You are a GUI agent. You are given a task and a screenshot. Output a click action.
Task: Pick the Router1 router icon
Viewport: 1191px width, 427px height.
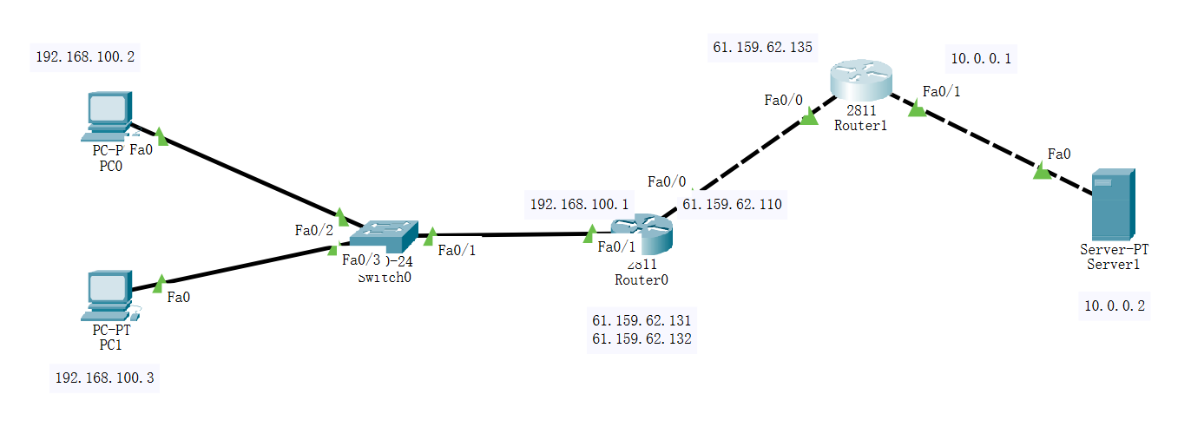[x=860, y=80]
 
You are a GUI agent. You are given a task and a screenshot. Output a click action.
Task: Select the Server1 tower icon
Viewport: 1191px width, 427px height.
[x=1113, y=205]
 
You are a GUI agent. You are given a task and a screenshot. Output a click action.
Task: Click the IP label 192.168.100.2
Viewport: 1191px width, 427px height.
[x=85, y=58]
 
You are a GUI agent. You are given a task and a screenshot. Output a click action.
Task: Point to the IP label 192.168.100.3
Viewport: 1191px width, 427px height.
[x=105, y=378]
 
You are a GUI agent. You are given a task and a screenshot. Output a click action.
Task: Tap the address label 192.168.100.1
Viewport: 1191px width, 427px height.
[x=579, y=205]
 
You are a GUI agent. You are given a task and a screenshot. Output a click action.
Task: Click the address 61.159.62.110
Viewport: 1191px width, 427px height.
[x=732, y=205]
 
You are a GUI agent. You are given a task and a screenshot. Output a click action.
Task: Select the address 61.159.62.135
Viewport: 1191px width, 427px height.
[x=762, y=48]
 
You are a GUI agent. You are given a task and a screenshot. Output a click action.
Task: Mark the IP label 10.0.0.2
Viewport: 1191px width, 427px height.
[x=1115, y=305]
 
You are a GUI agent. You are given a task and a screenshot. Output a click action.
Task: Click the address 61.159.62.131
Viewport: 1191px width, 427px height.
[x=642, y=320]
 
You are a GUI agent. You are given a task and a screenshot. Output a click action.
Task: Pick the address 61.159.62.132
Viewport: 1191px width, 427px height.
[x=642, y=338]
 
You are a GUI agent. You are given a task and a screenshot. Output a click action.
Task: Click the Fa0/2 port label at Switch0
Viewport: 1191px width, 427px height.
[x=313, y=230]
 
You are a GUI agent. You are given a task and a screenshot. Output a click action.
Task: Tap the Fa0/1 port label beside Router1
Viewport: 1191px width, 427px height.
[x=941, y=91]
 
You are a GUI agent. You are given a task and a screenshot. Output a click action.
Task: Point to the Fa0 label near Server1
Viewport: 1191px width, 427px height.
[x=1058, y=154]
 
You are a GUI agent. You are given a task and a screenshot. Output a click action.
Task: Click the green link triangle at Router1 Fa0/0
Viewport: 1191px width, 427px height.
[x=808, y=116]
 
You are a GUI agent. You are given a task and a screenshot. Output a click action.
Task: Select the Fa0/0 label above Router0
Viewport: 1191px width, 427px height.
[x=667, y=181]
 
